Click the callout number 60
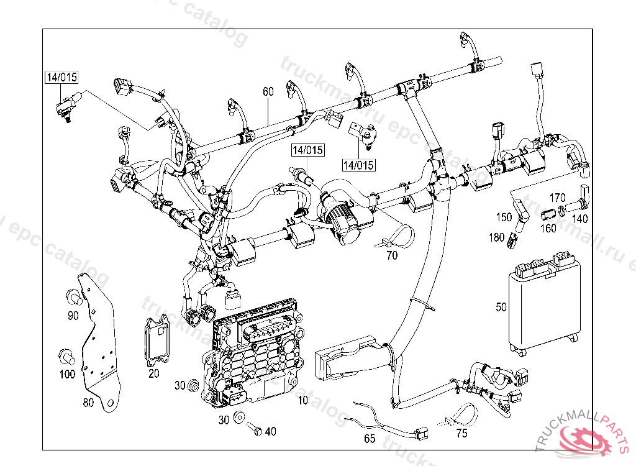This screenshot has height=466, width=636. coord(268,91)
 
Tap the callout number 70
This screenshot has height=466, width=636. coord(392,255)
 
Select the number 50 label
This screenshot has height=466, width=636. coord(502,306)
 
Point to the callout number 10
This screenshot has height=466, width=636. coord(302,400)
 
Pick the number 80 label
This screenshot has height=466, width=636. coord(88,403)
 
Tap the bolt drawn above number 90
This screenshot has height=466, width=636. coord(71,295)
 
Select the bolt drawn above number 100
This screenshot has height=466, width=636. coord(65,356)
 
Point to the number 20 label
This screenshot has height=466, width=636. coord(153,373)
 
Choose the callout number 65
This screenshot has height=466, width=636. coord(370,439)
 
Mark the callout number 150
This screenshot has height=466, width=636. coord(504,217)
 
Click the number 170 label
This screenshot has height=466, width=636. coord(557,198)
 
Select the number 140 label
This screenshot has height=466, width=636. coord(579,219)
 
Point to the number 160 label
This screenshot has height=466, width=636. coord(548,227)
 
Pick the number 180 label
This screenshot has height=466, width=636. coord(496,237)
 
